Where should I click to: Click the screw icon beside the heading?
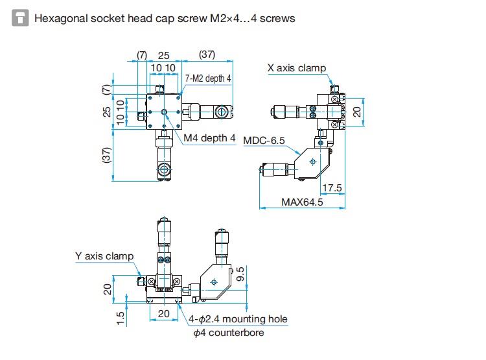coord(20,18)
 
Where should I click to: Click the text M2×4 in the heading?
coord(224,18)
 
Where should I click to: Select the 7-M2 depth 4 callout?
coord(207,78)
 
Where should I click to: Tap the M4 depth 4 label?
coord(209,138)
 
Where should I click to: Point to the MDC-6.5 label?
coord(264,140)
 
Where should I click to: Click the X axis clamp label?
coord(297,68)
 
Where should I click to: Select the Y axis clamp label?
coord(104,256)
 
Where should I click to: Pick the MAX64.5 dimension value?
coord(302,202)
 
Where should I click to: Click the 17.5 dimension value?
coord(333,188)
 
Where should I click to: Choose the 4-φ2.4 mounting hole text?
coord(238,318)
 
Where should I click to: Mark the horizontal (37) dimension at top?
coord(207,55)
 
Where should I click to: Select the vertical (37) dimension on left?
coord(108,155)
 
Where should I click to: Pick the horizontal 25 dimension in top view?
coord(163,56)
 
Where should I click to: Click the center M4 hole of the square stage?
coord(165,112)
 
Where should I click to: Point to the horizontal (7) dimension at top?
coord(142,55)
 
